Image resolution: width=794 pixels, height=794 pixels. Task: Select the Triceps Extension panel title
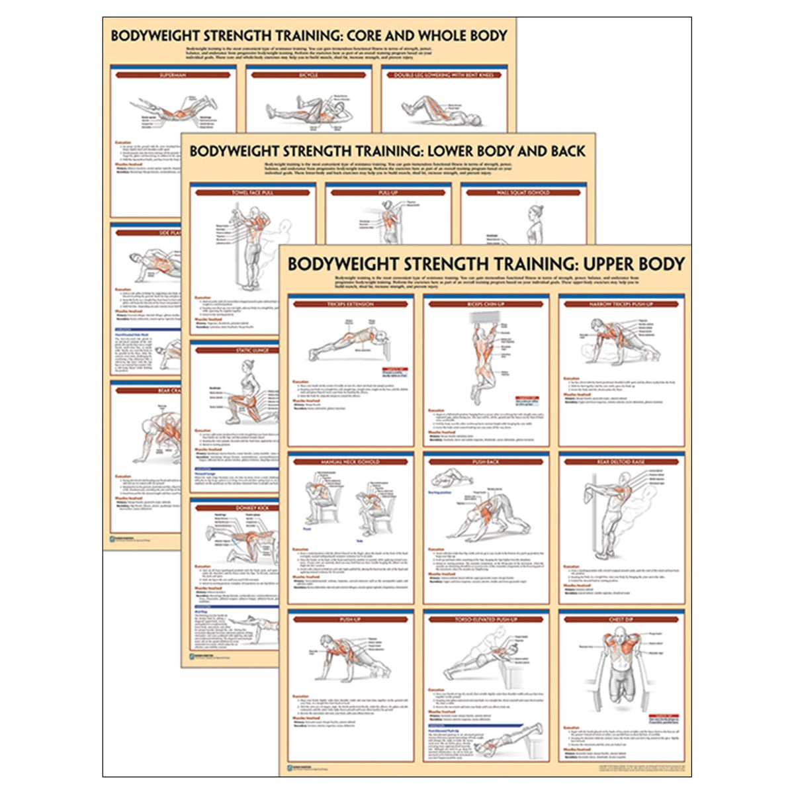click(351, 304)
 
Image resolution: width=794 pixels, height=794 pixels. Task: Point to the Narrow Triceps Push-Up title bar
click(621, 304)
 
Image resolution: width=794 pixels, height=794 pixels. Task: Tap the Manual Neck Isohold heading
click(351, 461)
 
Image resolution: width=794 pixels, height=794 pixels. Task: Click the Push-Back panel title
click(486, 461)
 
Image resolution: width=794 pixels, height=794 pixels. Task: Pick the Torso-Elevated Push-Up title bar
click(486, 619)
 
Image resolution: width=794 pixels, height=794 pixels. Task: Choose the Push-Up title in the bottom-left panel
click(351, 619)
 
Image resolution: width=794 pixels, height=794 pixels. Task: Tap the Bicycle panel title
click(308, 75)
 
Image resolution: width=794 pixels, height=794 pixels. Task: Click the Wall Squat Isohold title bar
click(523, 193)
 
